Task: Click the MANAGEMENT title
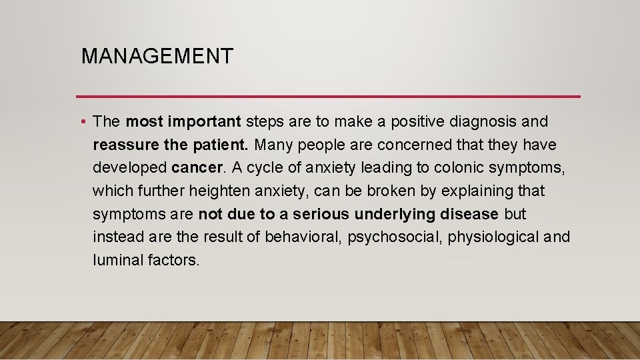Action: [x=157, y=56]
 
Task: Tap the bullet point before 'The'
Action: [x=81, y=122]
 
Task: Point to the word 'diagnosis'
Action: [x=478, y=122]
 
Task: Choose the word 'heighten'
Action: [x=219, y=191]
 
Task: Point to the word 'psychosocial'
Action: [x=395, y=237]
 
